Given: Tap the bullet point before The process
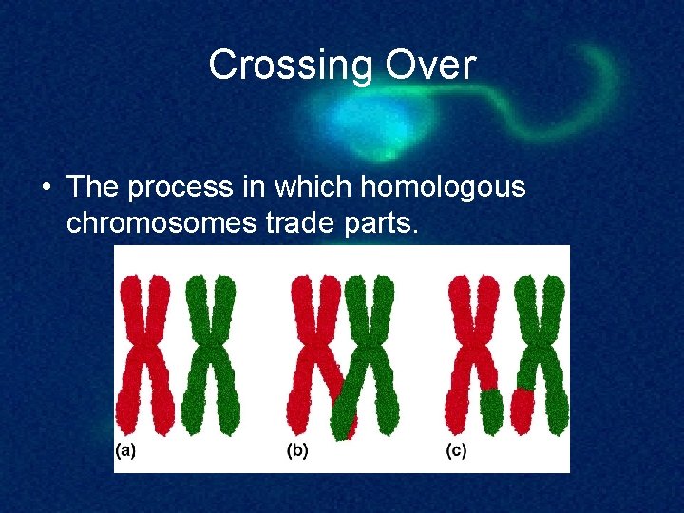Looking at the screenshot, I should [46, 188].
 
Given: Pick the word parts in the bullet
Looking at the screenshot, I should [378, 225].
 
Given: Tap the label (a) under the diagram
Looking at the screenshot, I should [125, 450].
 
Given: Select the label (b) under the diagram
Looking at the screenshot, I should [297, 450].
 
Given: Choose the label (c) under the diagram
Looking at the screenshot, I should [456, 450].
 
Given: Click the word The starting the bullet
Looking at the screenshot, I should [93, 187].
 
